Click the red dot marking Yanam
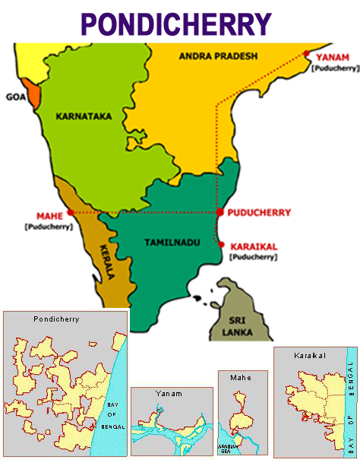tap(307, 53)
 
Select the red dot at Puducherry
tap(219, 212)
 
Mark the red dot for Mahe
tap(71, 212)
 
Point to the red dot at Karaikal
tap(221, 245)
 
